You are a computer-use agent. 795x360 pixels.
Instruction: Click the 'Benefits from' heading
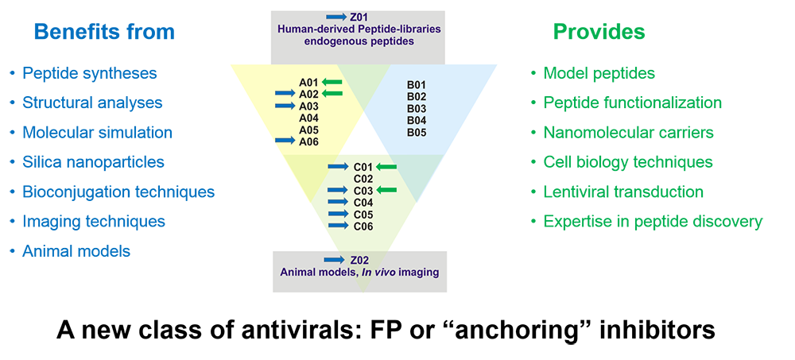tap(104, 32)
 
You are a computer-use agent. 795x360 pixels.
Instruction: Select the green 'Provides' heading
tap(599, 32)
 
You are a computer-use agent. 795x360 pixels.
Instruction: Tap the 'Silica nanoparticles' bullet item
tap(93, 162)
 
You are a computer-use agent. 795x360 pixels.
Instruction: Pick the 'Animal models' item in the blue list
tap(76, 251)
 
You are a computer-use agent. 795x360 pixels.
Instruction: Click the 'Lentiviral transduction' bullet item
tap(623, 192)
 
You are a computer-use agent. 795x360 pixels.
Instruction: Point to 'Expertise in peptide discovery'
tap(653, 222)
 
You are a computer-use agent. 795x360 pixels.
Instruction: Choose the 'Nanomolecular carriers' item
tap(629, 133)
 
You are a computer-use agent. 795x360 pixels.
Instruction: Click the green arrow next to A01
tap(332, 82)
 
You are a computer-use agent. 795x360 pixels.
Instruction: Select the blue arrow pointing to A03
tap(285, 106)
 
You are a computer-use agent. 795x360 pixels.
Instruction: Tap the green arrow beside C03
tap(386, 190)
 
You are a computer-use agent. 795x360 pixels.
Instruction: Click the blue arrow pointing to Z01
tap(336, 17)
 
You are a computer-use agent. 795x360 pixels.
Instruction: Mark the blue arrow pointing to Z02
tap(335, 260)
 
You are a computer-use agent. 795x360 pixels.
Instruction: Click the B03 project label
tap(417, 109)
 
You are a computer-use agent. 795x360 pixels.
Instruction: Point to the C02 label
tap(363, 179)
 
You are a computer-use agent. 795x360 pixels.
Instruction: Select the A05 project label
tap(308, 130)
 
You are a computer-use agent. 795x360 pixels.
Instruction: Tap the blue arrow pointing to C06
tap(338, 226)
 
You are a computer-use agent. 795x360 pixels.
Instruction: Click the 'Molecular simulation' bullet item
tap(97, 133)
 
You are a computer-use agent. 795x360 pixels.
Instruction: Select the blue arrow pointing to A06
tap(285, 140)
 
